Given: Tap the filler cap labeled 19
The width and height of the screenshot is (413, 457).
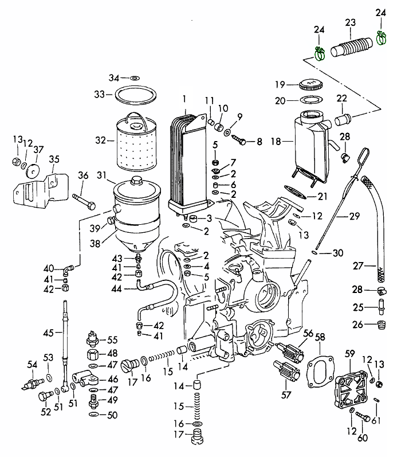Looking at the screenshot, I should tap(311, 85).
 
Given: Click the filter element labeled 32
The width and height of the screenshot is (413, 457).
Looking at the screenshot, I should tap(139, 146).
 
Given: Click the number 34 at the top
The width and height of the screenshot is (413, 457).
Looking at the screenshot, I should tap(114, 77).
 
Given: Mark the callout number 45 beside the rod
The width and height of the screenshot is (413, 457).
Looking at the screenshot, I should tap(48, 332).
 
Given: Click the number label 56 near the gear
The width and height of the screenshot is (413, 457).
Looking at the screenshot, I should tap(308, 333).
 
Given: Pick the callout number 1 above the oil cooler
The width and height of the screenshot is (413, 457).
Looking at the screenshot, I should tap(185, 99).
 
